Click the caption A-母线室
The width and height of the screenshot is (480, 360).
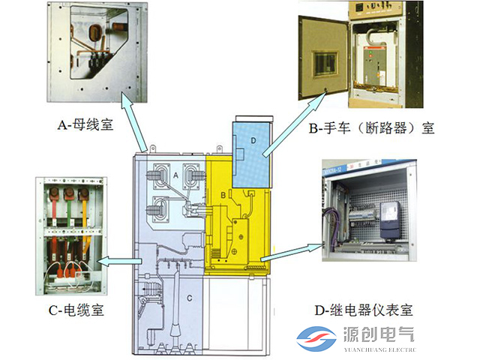click(85, 124)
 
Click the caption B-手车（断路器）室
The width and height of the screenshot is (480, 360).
click(371, 128)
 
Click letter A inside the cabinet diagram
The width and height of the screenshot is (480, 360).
click(175, 175)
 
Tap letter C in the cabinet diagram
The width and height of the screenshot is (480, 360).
click(190, 298)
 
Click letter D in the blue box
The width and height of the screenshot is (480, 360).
click(253, 140)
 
